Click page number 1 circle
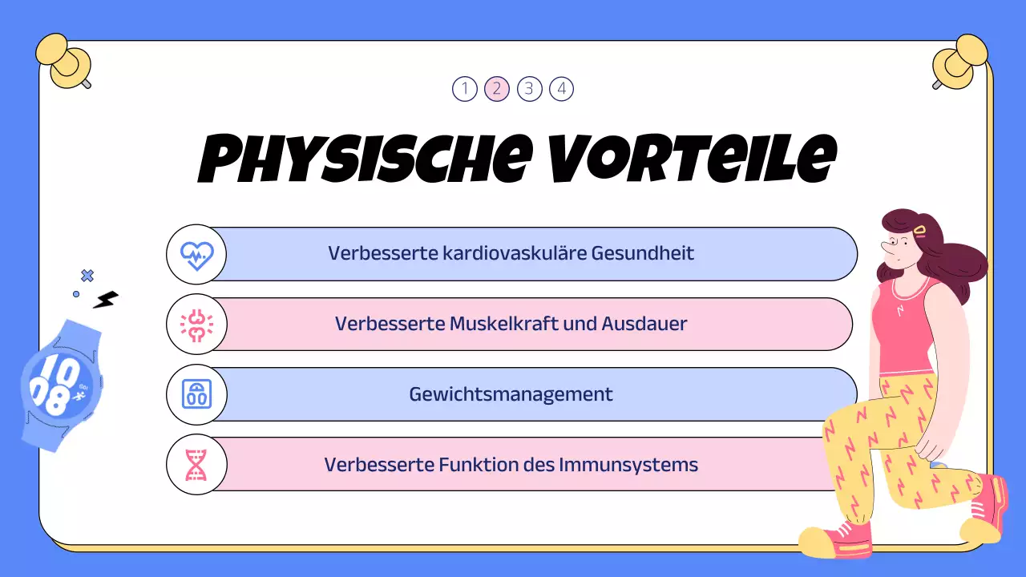click(465, 88)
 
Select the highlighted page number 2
click(497, 88)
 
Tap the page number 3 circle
click(529, 88)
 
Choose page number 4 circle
click(561, 88)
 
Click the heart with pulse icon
click(196, 254)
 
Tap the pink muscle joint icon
click(196, 325)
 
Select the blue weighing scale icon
click(196, 394)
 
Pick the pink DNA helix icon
click(196, 465)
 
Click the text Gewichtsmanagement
click(511, 394)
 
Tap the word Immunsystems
click(647, 465)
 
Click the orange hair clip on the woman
click(920, 231)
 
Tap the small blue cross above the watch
click(87, 276)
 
